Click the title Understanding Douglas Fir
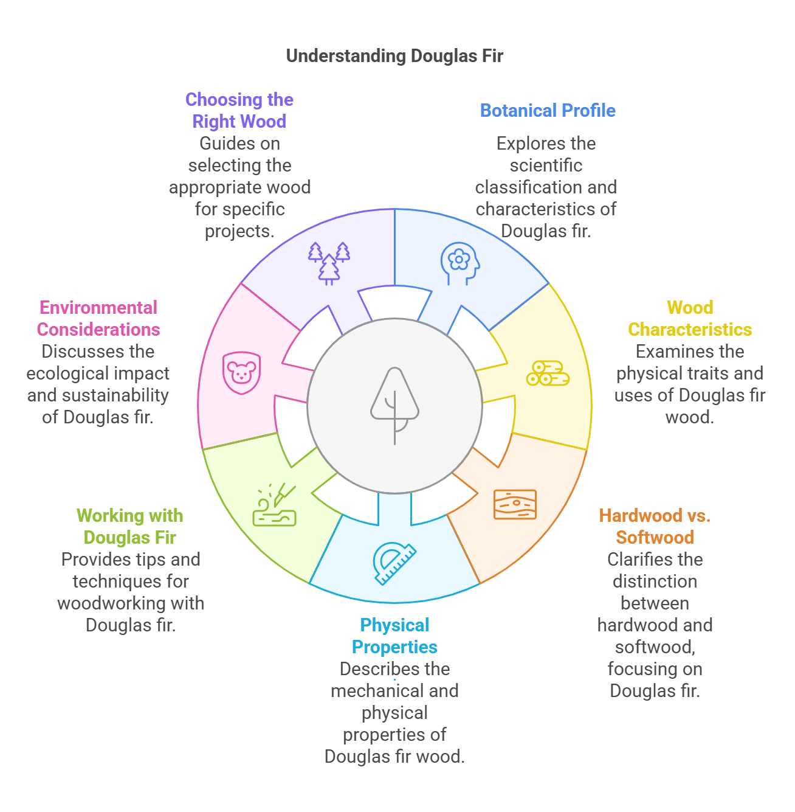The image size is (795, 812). [394, 56]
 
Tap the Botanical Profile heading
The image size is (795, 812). [548, 111]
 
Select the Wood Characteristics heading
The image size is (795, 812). [690, 319]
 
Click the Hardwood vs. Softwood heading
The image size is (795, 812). [655, 527]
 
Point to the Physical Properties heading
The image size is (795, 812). [394, 636]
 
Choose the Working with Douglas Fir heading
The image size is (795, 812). [130, 527]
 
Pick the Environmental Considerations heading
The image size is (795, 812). [98, 319]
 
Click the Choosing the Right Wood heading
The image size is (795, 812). [239, 111]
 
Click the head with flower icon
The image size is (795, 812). [459, 263]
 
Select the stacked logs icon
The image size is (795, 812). [548, 373]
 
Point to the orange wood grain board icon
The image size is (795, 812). [515, 504]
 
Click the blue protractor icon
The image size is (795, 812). [394, 563]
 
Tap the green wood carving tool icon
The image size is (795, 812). [275, 505]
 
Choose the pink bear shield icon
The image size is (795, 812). [241, 372]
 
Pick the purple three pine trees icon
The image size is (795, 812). [329, 263]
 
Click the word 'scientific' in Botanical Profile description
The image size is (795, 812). [546, 165]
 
